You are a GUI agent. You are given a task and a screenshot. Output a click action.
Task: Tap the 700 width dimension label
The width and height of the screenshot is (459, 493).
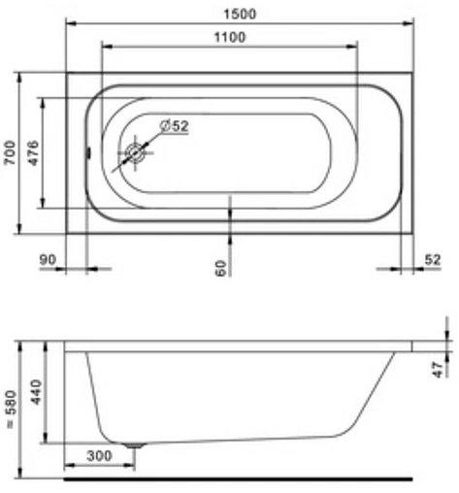point(9,152)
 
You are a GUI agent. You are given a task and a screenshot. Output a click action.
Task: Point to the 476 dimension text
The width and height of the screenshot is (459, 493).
point(34,152)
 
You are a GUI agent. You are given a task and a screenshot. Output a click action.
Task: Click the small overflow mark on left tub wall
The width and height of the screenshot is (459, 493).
point(86,152)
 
